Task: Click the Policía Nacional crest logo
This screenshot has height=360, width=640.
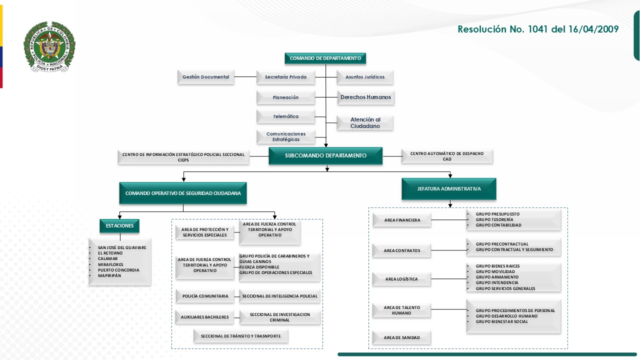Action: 49,47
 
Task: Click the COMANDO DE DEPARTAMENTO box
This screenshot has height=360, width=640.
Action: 325,58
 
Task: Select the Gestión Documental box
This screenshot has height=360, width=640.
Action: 205,77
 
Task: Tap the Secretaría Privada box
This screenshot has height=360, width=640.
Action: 285,77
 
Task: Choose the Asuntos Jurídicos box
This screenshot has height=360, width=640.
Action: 365,77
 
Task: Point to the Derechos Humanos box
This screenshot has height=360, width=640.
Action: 365,97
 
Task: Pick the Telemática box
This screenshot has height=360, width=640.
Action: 285,116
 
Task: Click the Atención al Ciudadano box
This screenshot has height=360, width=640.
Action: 365,123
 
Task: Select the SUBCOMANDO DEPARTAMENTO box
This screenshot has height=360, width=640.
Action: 325,155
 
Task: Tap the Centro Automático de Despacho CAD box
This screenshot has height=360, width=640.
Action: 447,156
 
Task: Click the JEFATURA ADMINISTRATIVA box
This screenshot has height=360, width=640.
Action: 449,189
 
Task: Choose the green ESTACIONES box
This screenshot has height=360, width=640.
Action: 119,226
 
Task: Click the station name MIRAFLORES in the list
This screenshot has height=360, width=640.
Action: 110,264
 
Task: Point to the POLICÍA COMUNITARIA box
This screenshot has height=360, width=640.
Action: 205,296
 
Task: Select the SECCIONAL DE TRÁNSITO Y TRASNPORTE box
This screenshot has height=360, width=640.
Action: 240,336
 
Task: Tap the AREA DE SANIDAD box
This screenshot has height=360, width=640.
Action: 401,337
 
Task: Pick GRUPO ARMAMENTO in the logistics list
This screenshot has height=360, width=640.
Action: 497,277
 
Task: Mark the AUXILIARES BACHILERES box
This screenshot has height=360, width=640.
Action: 205,317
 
